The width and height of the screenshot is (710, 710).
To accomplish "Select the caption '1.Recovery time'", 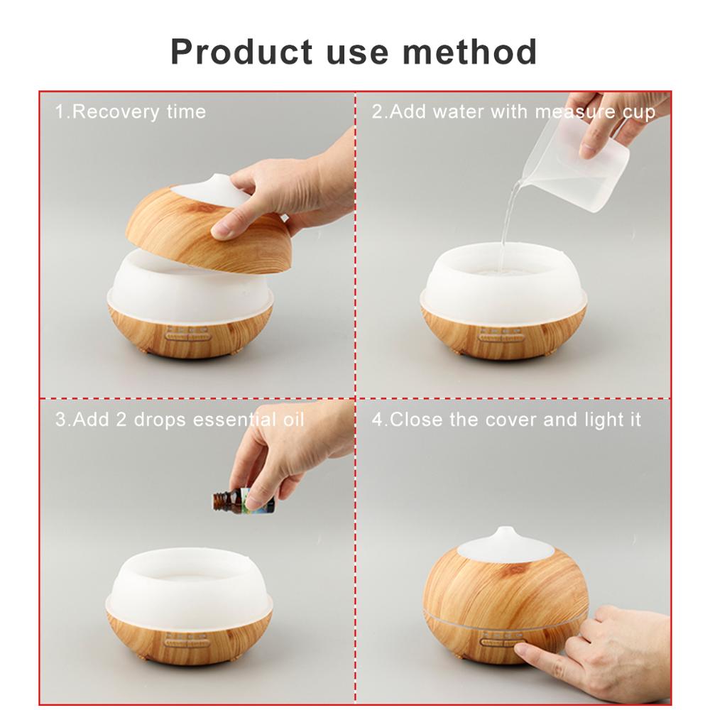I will pos(131,111).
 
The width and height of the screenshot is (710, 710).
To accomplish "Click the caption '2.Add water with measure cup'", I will pos(513,111).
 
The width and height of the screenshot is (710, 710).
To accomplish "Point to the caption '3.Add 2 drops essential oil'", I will pos(180,420).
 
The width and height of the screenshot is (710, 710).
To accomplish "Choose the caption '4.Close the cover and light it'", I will pos(506,420).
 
